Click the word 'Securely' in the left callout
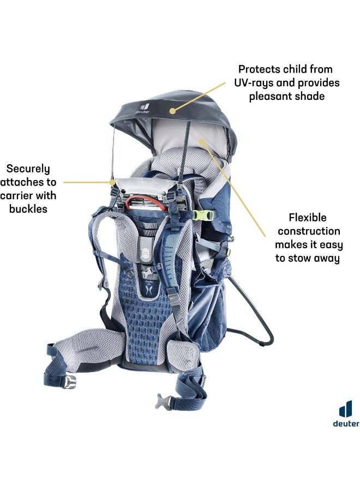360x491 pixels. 28,169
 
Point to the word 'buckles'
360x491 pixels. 28,209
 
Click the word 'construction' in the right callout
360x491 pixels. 309,231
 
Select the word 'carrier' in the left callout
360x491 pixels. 16,195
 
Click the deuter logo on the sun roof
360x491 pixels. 143,109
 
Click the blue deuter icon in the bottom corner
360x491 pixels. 346,409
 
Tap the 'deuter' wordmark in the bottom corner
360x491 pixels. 346,424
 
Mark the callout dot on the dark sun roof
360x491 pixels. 172,111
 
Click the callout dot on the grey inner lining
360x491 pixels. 202,142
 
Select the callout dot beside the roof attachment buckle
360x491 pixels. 112,182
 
